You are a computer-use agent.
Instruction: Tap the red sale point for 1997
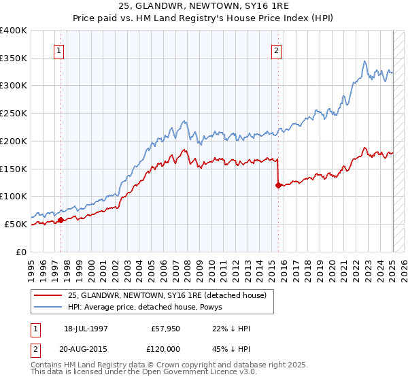[x=61, y=220]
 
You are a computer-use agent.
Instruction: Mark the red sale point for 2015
[x=278, y=185]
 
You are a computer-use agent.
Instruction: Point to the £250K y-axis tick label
[x=14, y=113]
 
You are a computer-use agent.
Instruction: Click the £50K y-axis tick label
[x=16, y=224]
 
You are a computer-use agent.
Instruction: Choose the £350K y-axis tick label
[x=14, y=58]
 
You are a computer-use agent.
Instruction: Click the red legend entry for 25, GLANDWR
[x=171, y=295]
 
